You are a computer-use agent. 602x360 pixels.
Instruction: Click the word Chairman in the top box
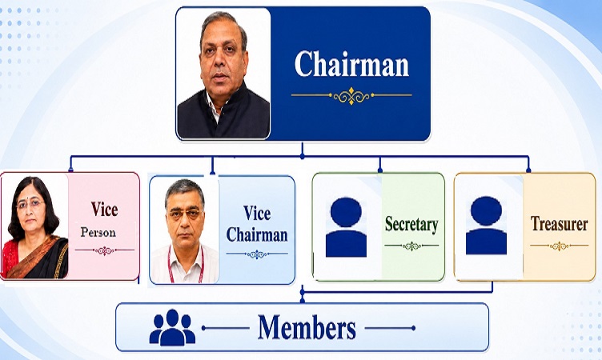tap(351, 64)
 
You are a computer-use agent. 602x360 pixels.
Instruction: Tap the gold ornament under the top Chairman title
tap(351, 95)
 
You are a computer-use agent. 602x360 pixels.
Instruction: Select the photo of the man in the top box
tap(223, 73)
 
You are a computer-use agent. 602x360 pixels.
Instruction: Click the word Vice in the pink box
tap(104, 209)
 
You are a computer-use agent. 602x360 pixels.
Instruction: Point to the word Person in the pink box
tap(98, 232)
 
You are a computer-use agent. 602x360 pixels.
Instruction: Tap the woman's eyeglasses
tap(30, 203)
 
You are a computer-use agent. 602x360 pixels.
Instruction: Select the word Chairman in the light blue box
tap(257, 234)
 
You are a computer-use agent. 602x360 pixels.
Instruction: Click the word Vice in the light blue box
tap(257, 213)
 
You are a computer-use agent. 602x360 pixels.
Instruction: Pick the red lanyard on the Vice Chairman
tap(186, 266)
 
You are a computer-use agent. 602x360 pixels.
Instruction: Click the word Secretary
tap(411, 225)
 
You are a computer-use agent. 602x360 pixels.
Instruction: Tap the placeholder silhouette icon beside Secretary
tap(346, 227)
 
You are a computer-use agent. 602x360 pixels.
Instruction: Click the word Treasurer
tap(559, 223)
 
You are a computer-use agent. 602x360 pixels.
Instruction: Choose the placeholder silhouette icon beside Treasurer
tap(486, 226)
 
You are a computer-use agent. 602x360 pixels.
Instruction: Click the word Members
tap(307, 327)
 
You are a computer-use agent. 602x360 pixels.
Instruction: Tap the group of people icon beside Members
tap(172, 327)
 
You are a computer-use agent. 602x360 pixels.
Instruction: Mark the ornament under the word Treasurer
tap(559, 246)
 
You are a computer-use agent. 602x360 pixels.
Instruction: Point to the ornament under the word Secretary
tap(411, 246)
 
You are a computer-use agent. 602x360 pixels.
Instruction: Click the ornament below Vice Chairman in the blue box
tap(257, 254)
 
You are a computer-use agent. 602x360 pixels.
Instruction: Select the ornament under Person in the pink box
tap(104, 250)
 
